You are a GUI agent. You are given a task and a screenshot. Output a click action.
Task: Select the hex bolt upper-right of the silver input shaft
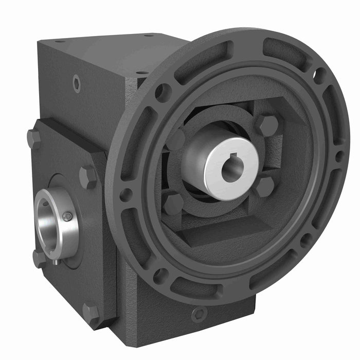(268, 124)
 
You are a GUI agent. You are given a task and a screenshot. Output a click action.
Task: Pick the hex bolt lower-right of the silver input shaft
(265, 187)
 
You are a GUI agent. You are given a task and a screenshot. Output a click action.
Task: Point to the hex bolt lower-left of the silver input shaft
(173, 204)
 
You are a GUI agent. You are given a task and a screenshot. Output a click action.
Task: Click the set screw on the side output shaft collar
(67, 217)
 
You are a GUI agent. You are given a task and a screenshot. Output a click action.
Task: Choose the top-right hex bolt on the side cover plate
(88, 176)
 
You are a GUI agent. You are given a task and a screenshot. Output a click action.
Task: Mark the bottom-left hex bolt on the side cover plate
(40, 258)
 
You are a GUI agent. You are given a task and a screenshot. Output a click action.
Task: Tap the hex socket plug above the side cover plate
(77, 83)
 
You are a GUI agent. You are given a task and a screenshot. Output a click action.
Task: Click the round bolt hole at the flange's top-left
(163, 93)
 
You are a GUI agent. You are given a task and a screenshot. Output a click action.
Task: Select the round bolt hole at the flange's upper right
(320, 77)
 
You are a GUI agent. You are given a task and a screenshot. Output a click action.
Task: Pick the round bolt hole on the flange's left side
(125, 194)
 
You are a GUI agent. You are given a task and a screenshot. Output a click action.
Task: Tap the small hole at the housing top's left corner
(59, 41)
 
